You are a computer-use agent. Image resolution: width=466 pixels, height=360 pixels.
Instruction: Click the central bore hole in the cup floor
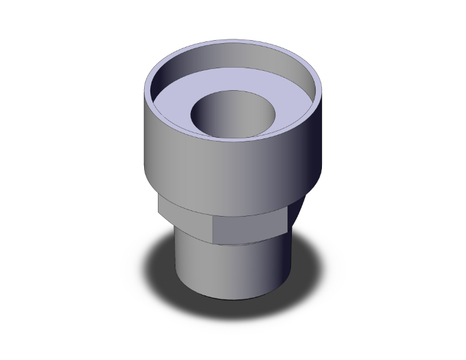coord(232,113)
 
